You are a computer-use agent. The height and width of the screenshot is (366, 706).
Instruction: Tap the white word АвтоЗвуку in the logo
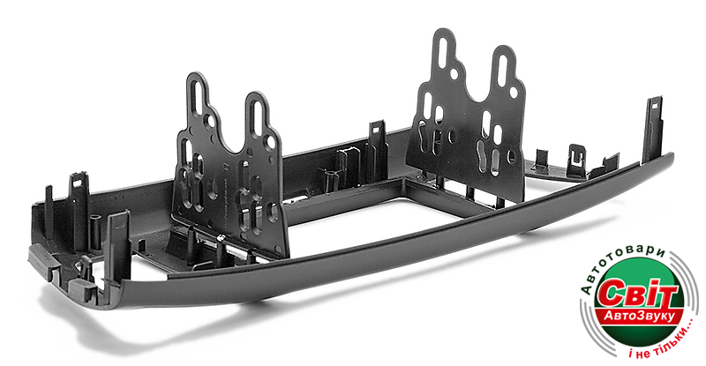(639, 316)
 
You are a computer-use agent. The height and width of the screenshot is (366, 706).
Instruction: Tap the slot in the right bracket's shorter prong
(503, 69)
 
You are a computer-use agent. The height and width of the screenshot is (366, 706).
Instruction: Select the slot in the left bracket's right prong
(257, 116)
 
